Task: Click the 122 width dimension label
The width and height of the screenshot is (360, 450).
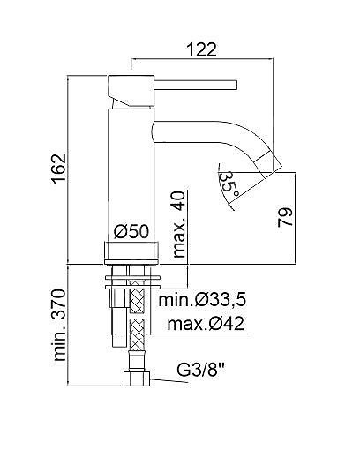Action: pos(201,49)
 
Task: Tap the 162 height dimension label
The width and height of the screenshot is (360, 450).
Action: pos(58,169)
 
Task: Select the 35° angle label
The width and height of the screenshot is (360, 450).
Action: pos(229,184)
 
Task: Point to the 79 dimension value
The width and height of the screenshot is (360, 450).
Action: pos(285,217)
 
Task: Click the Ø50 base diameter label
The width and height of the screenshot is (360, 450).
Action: pos(131,231)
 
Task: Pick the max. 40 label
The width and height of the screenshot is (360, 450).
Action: pos(179,224)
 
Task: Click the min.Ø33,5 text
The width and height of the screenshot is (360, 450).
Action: pos(202,300)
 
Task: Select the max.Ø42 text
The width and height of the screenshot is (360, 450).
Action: pos(206,324)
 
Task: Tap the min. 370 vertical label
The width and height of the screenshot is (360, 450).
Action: pos(59,325)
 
